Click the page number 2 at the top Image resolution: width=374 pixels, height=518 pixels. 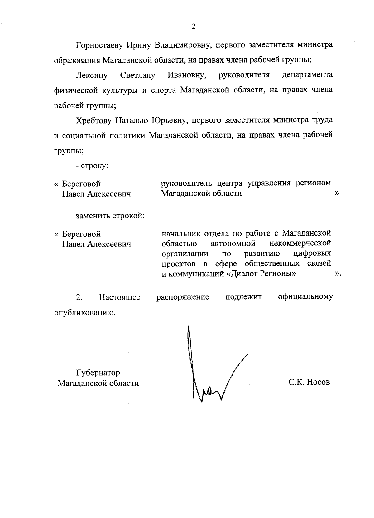click(x=193, y=27)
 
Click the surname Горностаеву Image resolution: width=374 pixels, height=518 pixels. click(x=99, y=45)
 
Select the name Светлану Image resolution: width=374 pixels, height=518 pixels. click(x=137, y=76)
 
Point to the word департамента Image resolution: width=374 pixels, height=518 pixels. click(x=307, y=76)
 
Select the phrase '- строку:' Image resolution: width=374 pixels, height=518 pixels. click(x=92, y=166)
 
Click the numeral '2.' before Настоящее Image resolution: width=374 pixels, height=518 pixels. click(x=79, y=297)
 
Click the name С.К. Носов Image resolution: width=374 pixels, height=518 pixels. click(x=309, y=382)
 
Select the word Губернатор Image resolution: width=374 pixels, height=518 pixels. click(x=98, y=373)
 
